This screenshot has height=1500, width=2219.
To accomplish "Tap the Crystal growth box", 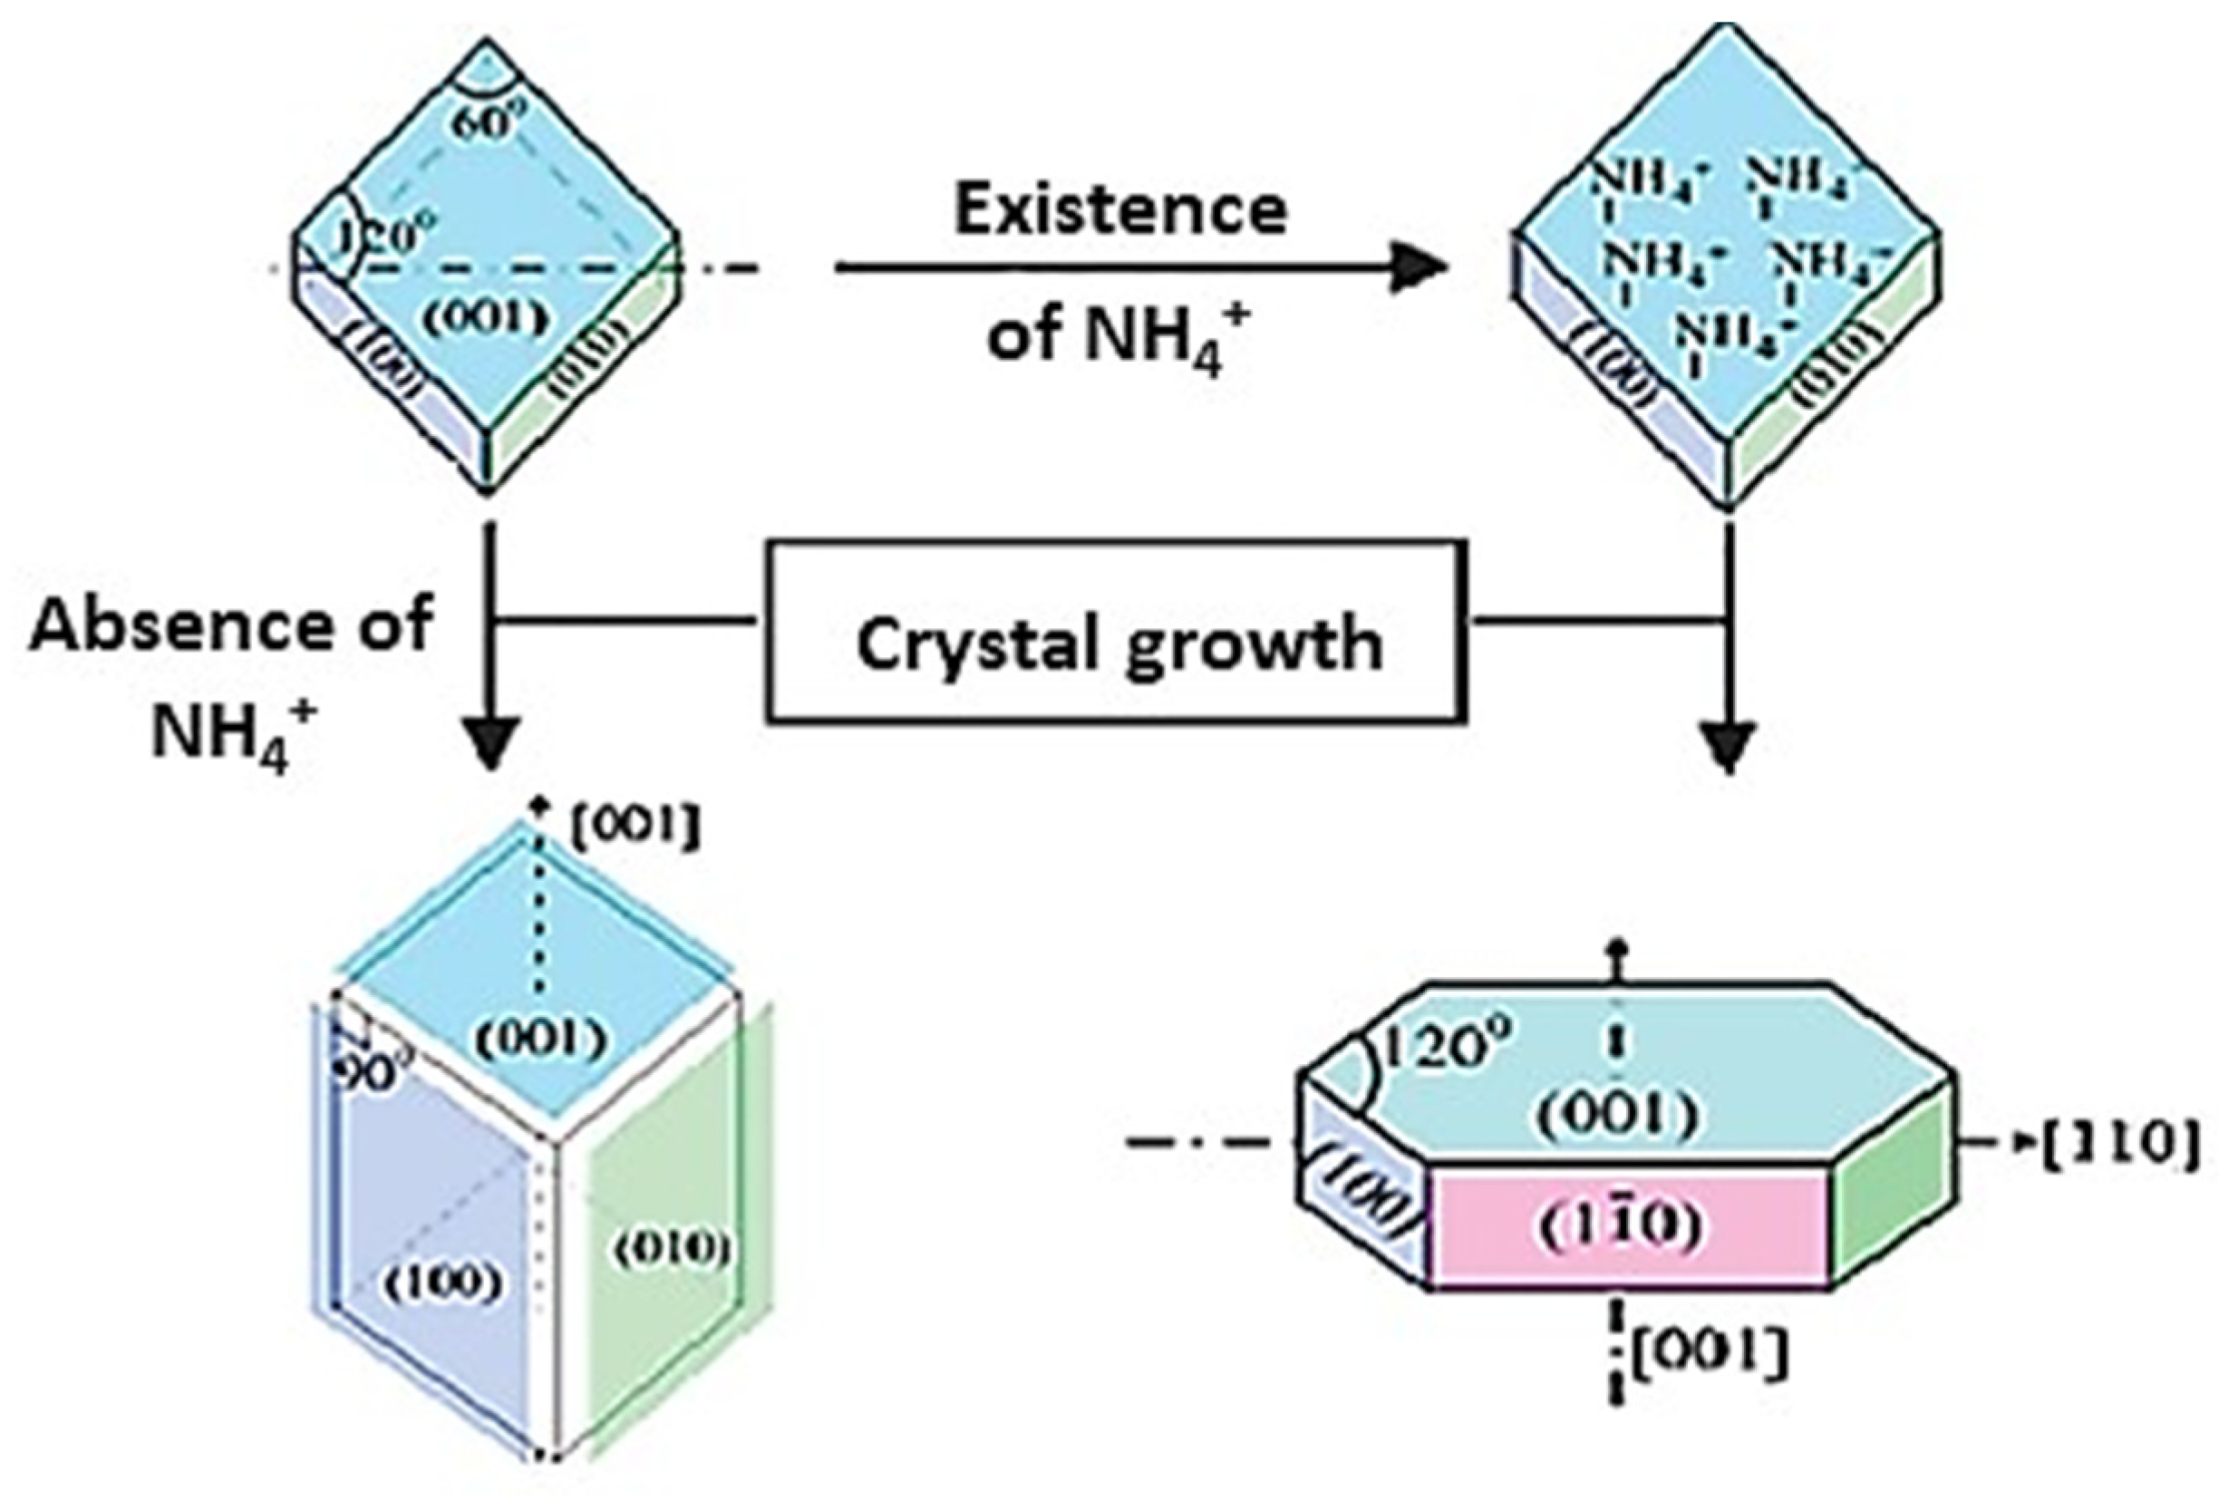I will pos(1117,630).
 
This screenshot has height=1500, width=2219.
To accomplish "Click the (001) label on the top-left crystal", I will pos(486,318).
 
